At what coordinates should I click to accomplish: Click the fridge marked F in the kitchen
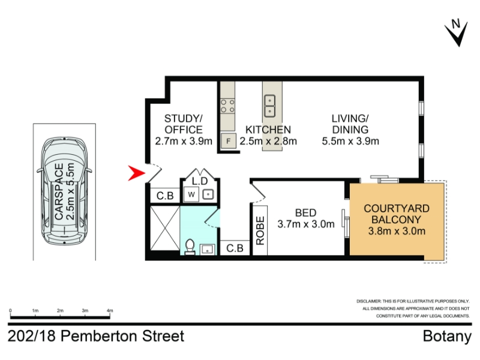tap(229, 141)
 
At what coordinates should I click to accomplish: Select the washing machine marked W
tap(191, 194)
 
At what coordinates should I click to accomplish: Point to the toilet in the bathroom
tap(190, 247)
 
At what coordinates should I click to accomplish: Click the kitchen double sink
tap(269, 106)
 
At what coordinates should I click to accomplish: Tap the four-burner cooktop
tap(228, 106)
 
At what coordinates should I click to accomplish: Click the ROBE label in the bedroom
tap(260, 230)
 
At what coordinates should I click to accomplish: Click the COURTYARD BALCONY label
tap(397, 214)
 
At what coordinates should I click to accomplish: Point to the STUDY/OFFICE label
tap(184, 124)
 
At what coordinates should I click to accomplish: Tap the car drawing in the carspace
tap(64, 191)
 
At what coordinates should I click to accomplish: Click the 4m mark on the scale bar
tap(110, 310)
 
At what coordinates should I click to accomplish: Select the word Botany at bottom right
tap(447, 337)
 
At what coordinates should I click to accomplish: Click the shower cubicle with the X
tap(165, 228)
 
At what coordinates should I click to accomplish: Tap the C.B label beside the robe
tap(235, 248)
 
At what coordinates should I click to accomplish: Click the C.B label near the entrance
tap(165, 196)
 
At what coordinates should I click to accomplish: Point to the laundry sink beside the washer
tap(208, 194)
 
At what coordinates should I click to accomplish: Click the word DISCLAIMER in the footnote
tap(368, 301)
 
